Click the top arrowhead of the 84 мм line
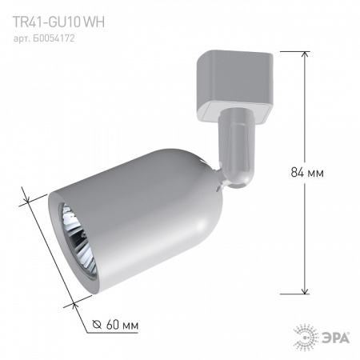[304, 54]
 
